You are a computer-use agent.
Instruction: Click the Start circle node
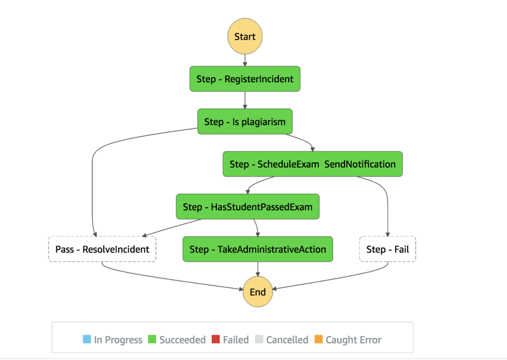click(245, 37)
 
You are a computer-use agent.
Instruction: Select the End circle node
click(258, 292)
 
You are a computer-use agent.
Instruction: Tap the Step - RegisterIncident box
click(245, 79)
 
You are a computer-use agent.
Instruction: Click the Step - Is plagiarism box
click(245, 121)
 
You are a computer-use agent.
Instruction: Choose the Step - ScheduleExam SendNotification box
click(312, 164)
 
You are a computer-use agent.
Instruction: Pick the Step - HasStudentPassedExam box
click(247, 207)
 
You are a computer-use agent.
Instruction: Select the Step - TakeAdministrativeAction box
click(258, 249)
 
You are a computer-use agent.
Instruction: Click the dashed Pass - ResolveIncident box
click(102, 249)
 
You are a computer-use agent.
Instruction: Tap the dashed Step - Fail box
click(388, 249)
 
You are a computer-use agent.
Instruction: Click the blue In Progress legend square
click(87, 340)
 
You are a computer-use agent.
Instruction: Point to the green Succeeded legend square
click(152, 340)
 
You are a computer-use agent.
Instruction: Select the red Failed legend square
click(216, 340)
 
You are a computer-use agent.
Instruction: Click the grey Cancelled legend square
click(259, 340)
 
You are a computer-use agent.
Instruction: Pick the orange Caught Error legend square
click(319, 340)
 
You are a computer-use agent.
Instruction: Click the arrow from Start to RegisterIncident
click(245, 60)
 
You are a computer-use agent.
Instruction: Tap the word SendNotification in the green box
click(360, 164)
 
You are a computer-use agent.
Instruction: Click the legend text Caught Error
click(353, 340)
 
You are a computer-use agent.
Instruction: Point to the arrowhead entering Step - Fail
click(388, 234)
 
